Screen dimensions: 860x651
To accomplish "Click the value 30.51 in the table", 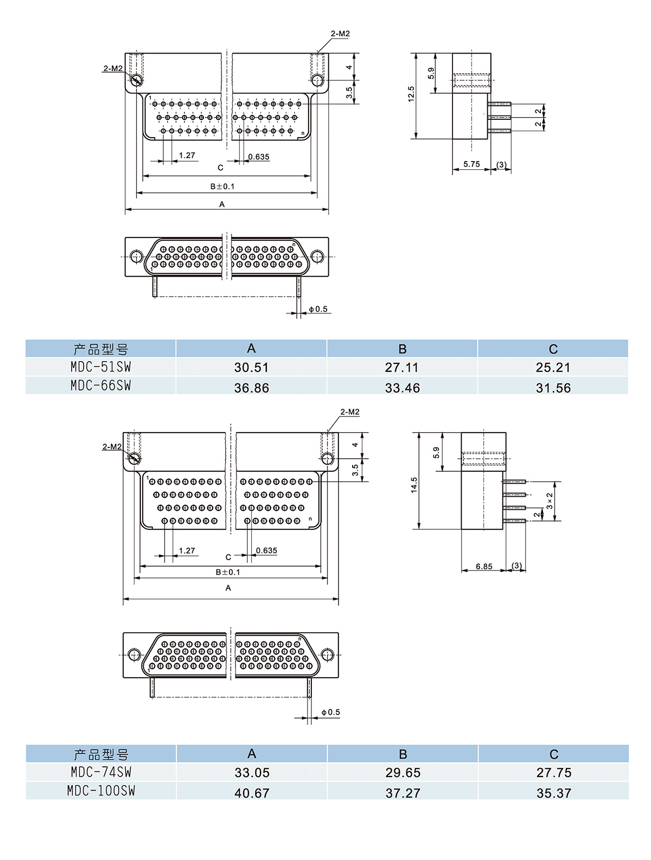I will coord(251,367).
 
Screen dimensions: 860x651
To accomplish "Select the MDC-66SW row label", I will coord(101,386).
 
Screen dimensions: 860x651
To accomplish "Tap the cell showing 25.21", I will coord(553,367).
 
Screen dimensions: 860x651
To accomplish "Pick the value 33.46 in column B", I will coord(402,388).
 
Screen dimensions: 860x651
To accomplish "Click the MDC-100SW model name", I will coord(101,791).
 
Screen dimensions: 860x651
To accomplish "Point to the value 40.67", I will coord(252,793).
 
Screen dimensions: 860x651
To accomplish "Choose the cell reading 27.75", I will coord(553,772).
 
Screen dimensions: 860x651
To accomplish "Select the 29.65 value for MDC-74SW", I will coord(403,772).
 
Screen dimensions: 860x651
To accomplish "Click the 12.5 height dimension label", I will coord(411,94).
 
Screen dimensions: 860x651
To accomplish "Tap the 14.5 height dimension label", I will coord(414,485).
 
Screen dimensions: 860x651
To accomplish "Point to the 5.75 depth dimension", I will coord(471,164).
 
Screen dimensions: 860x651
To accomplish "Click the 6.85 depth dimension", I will coord(484,566).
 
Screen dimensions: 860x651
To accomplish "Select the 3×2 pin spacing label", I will coord(550,500).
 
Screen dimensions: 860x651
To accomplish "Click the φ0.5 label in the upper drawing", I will coord(318,309).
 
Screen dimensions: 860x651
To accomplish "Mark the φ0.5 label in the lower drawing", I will coord(330,712).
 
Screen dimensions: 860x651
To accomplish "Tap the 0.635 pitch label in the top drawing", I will coord(259,157).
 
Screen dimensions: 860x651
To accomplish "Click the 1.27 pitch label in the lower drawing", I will coord(187,550).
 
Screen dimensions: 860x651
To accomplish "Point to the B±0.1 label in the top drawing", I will coord(222,186).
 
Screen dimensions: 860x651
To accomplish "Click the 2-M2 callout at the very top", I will coord(340,34).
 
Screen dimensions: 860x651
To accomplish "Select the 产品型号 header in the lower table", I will coord(101,754).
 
